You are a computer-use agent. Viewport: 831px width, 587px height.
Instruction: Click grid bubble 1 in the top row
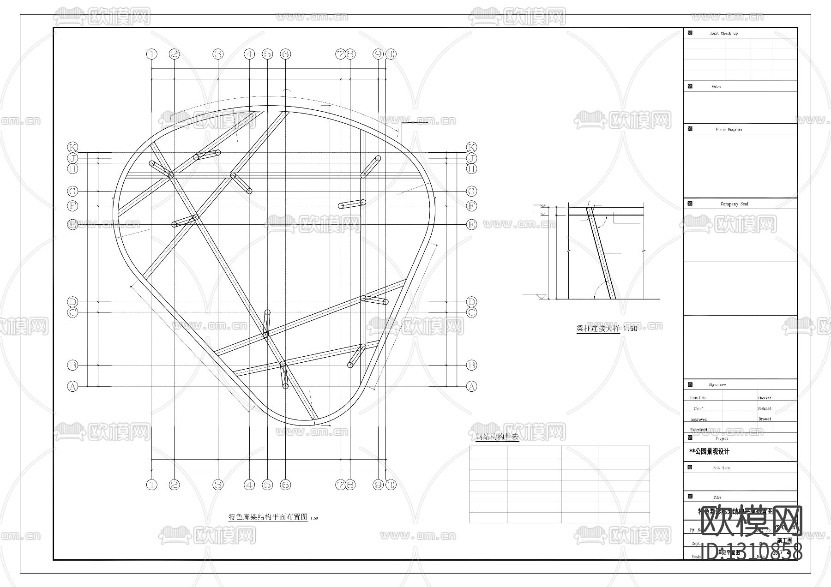(x=152, y=54)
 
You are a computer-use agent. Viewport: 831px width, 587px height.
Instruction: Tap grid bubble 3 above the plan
(x=218, y=54)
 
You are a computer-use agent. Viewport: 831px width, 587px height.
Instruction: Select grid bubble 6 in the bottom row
(x=285, y=485)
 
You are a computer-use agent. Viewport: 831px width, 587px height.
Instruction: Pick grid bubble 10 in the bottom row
(x=391, y=485)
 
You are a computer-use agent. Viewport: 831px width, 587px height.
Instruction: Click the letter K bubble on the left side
(x=72, y=147)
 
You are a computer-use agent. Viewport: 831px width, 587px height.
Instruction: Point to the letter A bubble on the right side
(x=471, y=386)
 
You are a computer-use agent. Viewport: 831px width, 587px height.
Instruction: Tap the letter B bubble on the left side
(x=72, y=365)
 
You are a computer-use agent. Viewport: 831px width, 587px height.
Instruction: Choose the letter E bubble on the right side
(x=471, y=225)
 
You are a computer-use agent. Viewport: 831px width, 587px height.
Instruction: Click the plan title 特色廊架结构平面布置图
(x=268, y=517)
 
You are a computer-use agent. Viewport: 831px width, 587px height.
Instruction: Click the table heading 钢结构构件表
(x=497, y=437)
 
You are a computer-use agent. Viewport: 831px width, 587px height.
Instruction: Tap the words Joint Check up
(x=723, y=33)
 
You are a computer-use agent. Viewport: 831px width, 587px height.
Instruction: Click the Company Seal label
(x=735, y=204)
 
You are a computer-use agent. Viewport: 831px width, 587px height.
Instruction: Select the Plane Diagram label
(x=729, y=129)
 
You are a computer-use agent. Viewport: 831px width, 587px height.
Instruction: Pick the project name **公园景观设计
(x=709, y=451)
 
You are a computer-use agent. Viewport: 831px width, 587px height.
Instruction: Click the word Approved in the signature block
(x=699, y=419)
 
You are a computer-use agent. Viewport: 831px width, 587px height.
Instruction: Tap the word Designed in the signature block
(x=765, y=408)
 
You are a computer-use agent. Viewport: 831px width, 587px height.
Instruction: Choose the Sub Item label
(x=721, y=468)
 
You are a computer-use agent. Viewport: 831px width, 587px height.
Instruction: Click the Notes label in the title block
(x=716, y=87)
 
